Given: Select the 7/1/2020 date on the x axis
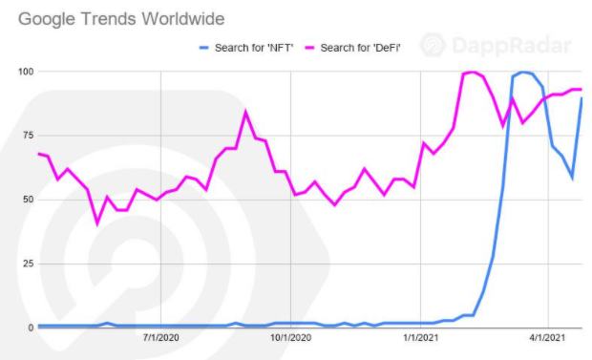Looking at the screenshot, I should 161,338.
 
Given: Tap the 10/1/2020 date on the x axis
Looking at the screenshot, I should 287,338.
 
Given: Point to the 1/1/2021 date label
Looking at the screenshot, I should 420,338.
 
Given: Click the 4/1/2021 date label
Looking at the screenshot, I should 547,338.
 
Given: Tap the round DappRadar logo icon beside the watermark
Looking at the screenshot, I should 433,45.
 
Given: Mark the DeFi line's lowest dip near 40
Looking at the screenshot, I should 97,223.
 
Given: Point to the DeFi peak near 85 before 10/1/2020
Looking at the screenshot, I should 245,112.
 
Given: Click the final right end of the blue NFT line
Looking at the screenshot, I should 581,98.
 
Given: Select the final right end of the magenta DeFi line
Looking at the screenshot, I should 581,90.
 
